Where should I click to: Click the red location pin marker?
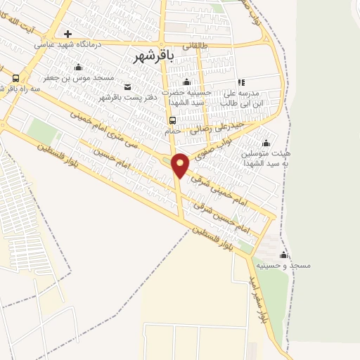[x=181, y=164]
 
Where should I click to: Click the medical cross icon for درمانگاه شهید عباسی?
[x=67, y=33]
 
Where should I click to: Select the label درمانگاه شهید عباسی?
[x=68, y=44]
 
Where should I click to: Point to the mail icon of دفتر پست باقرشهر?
[x=127, y=87]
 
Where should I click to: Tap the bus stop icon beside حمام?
[x=172, y=120]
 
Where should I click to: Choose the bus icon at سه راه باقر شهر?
[x=15, y=77]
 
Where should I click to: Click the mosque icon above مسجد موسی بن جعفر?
[x=78, y=67]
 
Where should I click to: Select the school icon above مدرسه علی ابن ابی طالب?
[x=240, y=82]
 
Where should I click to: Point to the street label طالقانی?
[x=196, y=45]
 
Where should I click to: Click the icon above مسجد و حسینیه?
[x=284, y=255]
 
